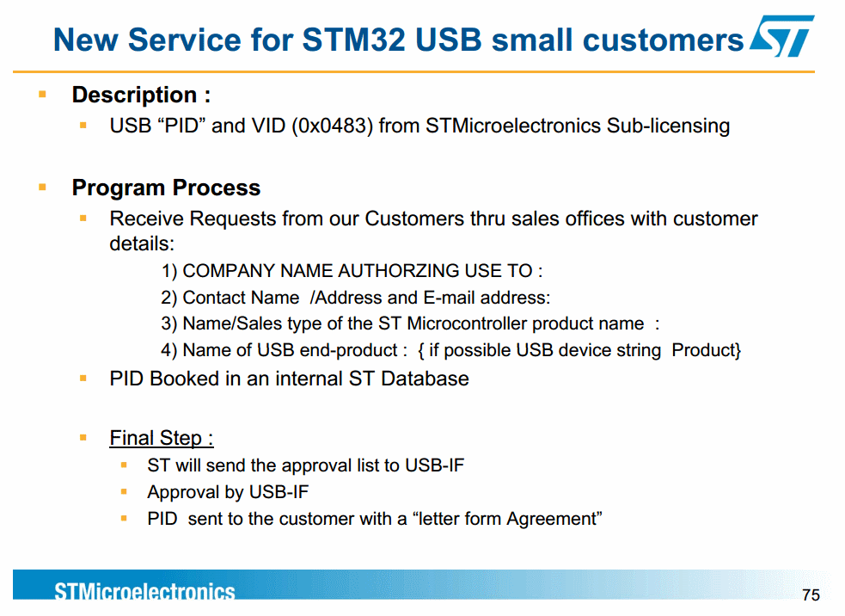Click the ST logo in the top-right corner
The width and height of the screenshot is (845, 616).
[x=782, y=35]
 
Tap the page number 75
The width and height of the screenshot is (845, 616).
[x=811, y=595]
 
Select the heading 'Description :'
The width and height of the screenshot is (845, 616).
[x=141, y=95]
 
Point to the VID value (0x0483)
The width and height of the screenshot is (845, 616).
[x=332, y=126]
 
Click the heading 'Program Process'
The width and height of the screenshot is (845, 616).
[x=166, y=188]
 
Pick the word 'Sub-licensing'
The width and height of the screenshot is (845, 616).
[x=668, y=126]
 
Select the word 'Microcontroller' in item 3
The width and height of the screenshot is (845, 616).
[x=468, y=323]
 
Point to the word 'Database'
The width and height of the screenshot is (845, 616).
[x=425, y=379]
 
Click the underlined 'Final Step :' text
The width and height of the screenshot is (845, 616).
[x=161, y=438]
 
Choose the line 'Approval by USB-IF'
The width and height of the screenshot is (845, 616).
[x=228, y=492]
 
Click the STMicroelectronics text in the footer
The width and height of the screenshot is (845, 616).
[x=144, y=591]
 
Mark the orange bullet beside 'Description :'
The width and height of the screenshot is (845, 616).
[x=43, y=95]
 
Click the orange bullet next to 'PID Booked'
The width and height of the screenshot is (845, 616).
[x=83, y=379]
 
